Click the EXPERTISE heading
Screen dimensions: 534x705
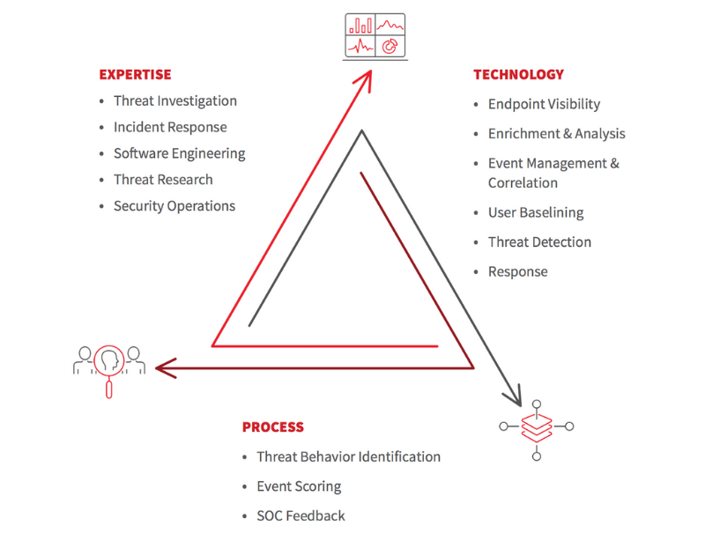tap(135, 75)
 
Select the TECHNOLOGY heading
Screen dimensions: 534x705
tap(518, 75)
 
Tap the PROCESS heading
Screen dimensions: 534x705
tap(273, 427)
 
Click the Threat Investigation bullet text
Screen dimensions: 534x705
tap(175, 101)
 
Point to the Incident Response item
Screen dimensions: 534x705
tap(170, 128)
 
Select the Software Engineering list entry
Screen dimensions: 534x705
tap(179, 153)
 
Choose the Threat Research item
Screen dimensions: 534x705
tap(163, 180)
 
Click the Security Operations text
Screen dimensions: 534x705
tap(174, 206)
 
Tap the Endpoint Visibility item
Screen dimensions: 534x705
tap(544, 104)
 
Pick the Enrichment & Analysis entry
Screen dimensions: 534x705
tap(556, 134)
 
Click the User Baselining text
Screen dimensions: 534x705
tap(536, 212)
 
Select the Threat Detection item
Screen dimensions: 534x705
tap(539, 242)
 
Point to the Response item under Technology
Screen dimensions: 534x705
tap(517, 271)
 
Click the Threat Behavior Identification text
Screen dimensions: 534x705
tap(348, 456)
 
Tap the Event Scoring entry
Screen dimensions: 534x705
tap(299, 486)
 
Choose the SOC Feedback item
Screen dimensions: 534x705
tap(301, 515)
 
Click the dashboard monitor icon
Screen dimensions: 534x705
tap(374, 36)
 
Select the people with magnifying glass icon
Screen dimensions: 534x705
tap(109, 364)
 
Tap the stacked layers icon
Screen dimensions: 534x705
tap(536, 426)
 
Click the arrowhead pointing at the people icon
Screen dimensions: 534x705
tap(163, 367)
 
